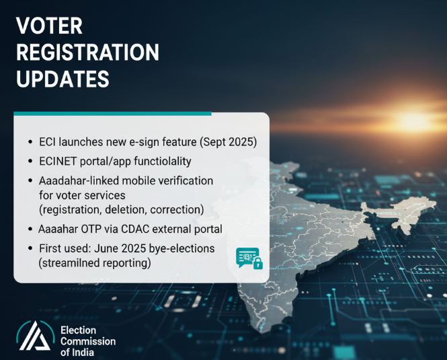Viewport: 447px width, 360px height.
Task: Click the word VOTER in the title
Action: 49,26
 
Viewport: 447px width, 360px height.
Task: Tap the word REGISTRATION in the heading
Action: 87,52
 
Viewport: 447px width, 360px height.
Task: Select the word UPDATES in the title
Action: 63,79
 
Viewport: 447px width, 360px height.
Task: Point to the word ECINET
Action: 58,161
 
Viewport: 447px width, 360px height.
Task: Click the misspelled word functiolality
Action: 163,161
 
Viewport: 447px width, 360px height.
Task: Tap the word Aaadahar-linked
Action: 79,181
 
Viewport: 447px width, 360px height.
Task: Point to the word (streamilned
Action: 69,263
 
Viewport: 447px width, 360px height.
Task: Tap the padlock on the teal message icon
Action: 258,263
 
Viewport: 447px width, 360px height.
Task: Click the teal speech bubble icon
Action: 247,257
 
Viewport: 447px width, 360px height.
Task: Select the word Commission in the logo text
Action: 88,341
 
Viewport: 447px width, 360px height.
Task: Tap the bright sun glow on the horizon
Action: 413,120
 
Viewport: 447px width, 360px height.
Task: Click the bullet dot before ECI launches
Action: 30,141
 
